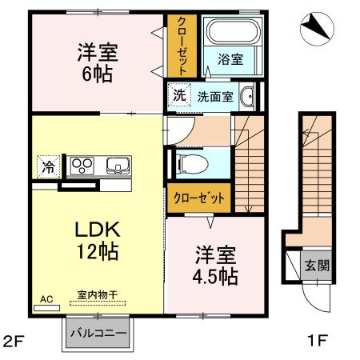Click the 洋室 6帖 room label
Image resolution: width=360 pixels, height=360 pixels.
98,63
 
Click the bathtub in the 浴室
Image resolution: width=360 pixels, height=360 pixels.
231,35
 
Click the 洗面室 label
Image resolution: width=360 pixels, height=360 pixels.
216,96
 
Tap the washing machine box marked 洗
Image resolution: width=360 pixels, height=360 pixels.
179,94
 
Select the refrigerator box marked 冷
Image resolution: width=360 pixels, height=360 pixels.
49,168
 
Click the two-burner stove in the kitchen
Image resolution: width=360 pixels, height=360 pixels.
82,166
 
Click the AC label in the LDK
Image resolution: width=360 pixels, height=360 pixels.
46,298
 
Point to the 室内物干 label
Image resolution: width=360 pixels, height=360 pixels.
97,295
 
